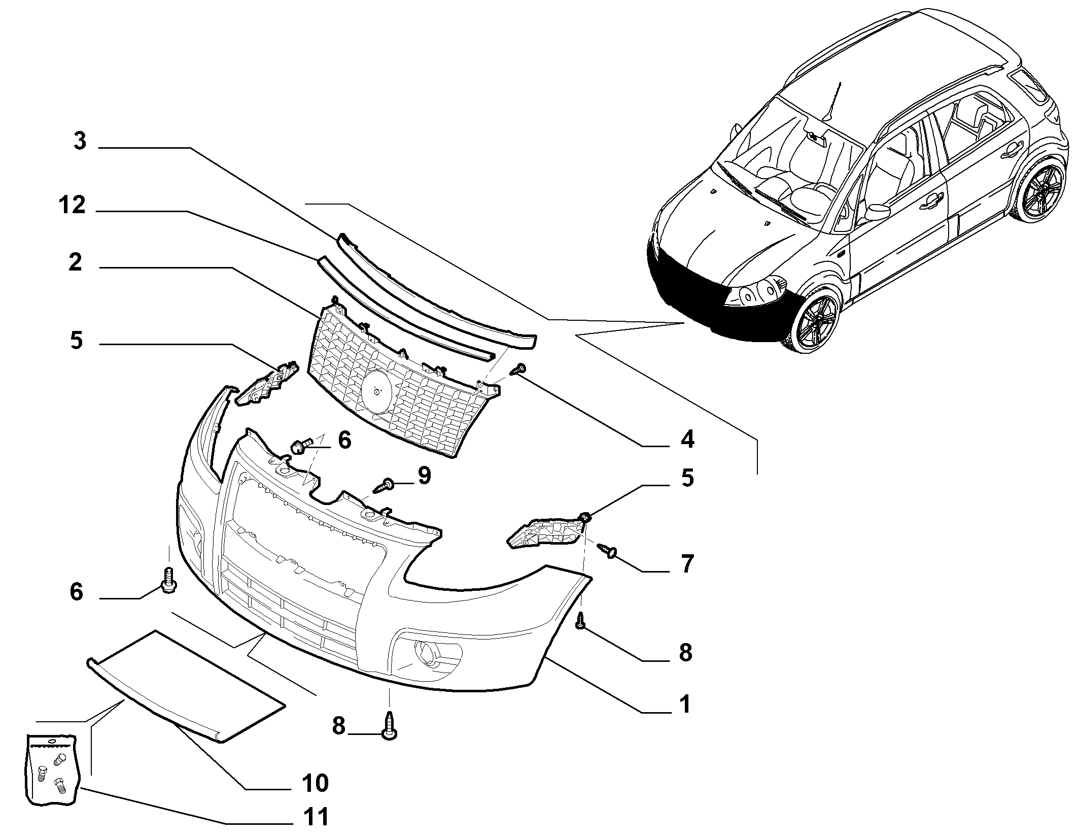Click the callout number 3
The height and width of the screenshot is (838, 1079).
tap(80, 141)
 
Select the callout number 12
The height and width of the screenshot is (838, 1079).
tap(72, 206)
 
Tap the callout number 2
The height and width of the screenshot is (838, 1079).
tap(75, 262)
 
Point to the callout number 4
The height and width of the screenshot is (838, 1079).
tap(687, 439)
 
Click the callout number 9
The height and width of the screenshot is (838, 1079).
tap(424, 476)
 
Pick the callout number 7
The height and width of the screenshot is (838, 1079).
tap(686, 563)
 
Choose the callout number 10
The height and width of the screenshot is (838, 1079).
tap(315, 783)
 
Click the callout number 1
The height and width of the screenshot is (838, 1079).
tap(685, 705)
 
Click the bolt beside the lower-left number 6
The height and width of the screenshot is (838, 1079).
tap(168, 580)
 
